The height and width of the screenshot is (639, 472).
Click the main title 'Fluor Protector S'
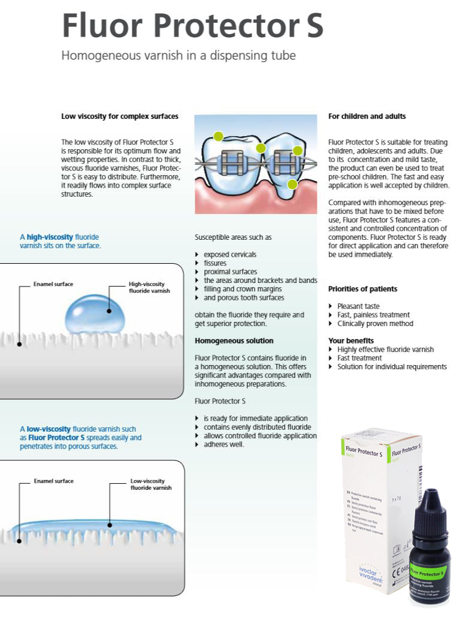click(x=192, y=25)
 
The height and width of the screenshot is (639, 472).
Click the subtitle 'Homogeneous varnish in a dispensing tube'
click(x=178, y=56)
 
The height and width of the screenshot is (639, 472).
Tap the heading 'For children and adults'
click(x=367, y=116)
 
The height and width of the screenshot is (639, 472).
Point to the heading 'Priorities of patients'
click(x=362, y=289)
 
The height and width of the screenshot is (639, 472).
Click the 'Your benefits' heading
click(x=351, y=340)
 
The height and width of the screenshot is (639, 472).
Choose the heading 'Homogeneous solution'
click(x=234, y=340)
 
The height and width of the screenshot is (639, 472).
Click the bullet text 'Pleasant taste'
click(x=358, y=306)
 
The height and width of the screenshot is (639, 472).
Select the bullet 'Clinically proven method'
click(x=375, y=324)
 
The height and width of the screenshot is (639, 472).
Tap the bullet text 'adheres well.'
click(x=223, y=444)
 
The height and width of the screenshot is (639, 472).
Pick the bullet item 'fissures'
click(x=215, y=263)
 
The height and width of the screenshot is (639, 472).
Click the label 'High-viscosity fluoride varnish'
click(x=149, y=287)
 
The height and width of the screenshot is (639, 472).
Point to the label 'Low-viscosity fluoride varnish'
click(x=151, y=484)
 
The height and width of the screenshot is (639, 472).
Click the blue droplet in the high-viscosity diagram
click(x=93, y=314)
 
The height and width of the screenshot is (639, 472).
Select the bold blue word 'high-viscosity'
click(x=50, y=237)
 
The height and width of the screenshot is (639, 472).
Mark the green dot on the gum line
click(x=292, y=184)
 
